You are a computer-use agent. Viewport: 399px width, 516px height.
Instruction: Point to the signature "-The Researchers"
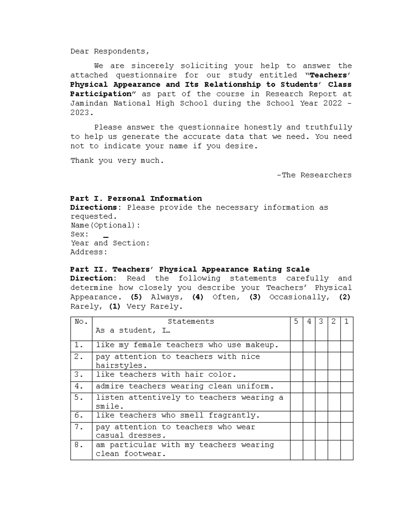[314, 175]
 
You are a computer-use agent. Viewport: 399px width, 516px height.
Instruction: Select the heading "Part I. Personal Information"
[136, 199]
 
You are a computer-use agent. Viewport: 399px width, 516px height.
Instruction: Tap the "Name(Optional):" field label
[105, 225]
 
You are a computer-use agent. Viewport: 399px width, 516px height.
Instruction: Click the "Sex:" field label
[79, 234]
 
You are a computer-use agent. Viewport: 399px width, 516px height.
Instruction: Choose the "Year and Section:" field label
[110, 243]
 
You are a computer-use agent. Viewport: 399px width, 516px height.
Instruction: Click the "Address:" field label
[89, 252]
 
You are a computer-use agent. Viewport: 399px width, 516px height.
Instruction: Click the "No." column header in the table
[81, 322]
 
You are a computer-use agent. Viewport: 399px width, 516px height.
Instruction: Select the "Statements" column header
[191, 322]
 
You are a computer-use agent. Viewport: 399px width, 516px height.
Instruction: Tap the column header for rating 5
[296, 322]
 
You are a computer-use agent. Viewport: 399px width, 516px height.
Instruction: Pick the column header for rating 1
[346, 322]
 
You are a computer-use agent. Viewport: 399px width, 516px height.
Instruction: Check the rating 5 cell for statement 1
[296, 346]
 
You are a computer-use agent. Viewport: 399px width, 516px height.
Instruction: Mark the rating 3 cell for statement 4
[321, 387]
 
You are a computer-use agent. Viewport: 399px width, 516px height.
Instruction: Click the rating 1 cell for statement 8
[346, 450]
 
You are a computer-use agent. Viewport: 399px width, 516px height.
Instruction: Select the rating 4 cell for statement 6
[309, 417]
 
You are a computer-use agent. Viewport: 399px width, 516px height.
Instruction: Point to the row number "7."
[79, 427]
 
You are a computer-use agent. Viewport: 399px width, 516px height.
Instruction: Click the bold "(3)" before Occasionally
[255, 297]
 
